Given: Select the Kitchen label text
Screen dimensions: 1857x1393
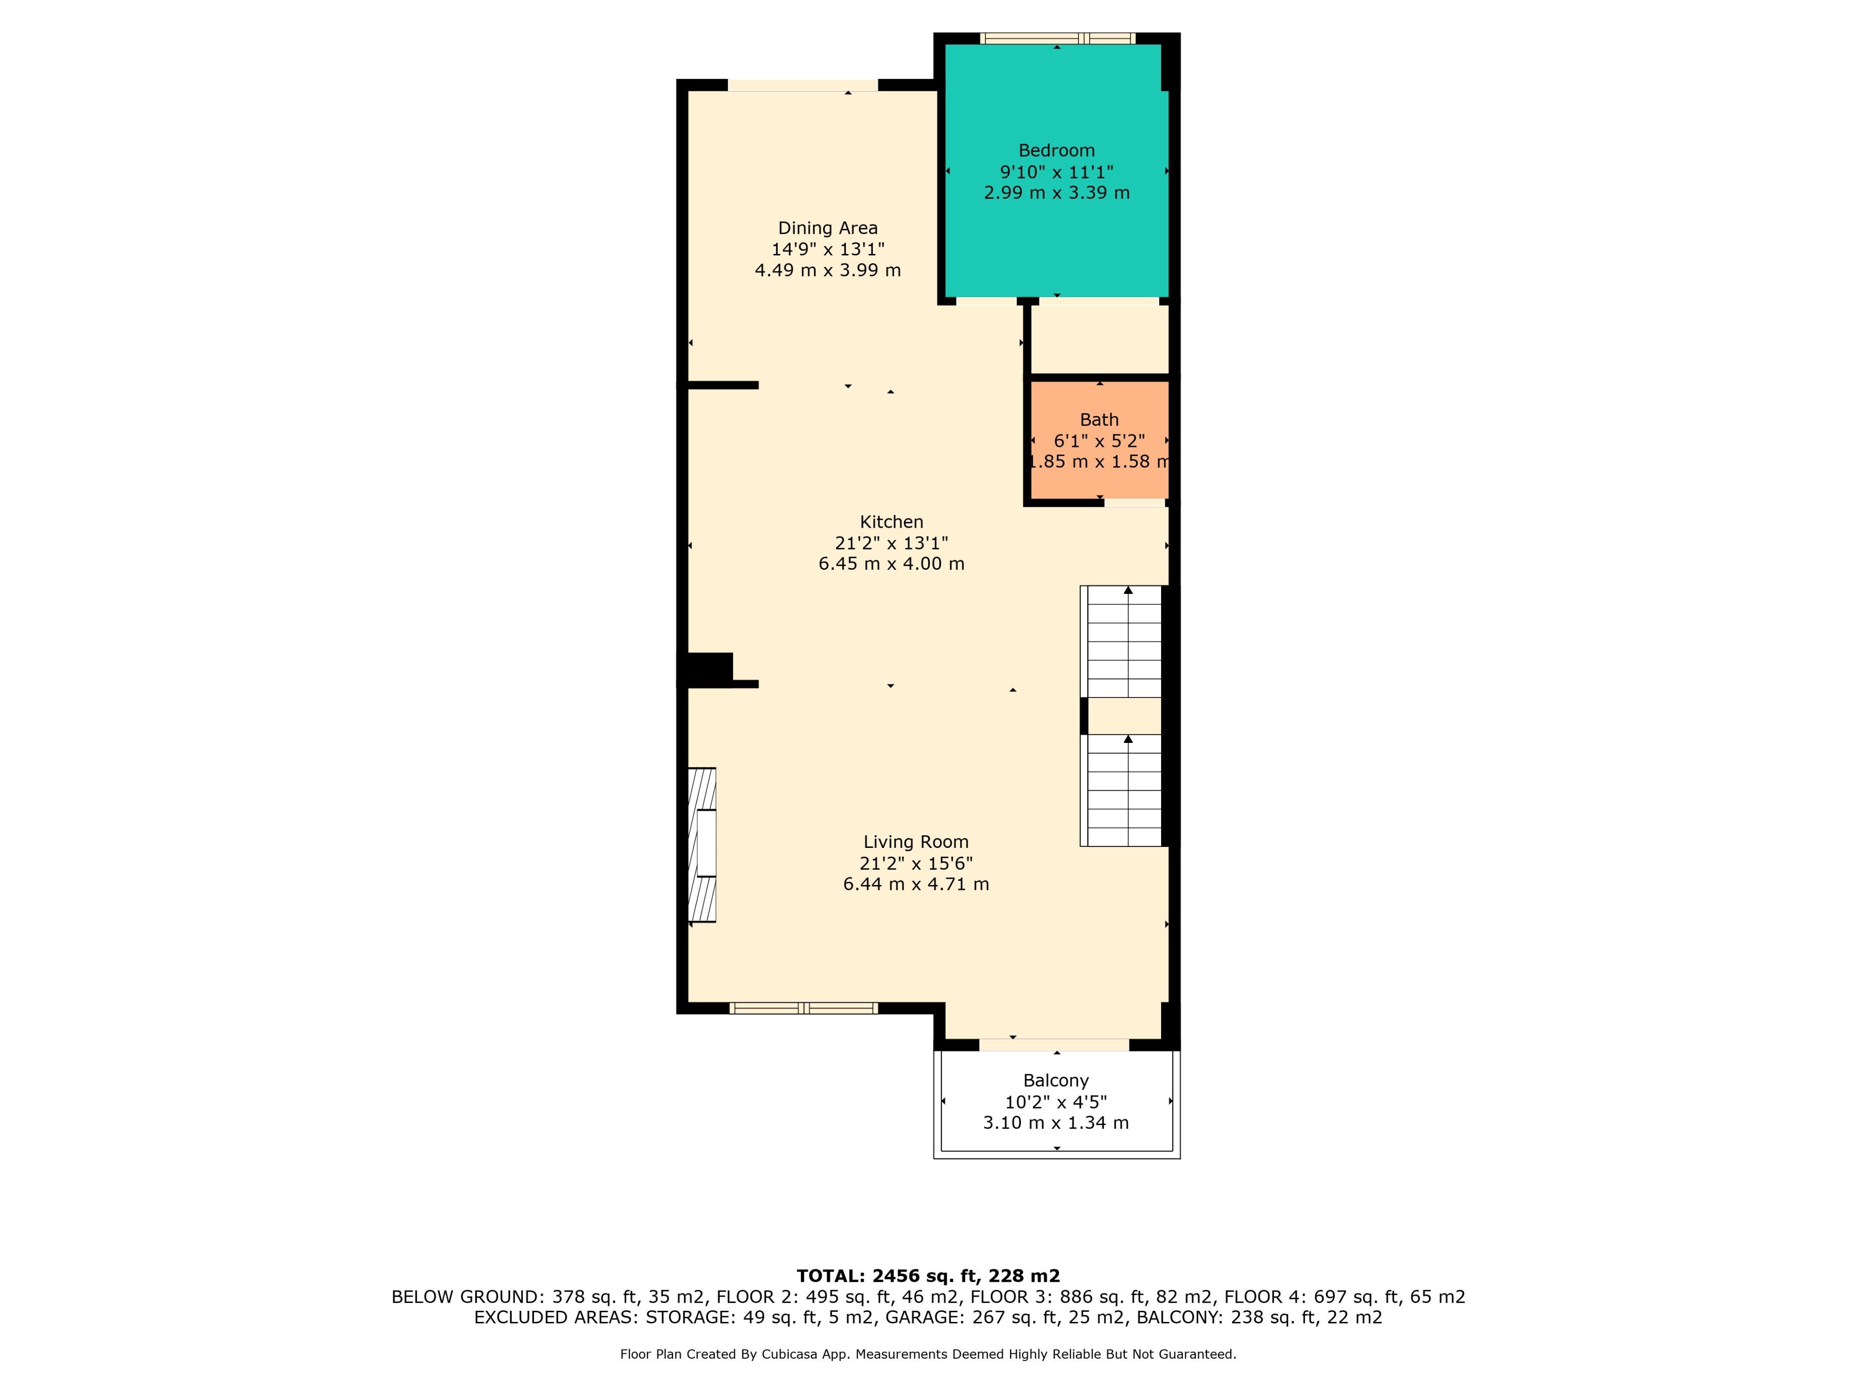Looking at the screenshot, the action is (x=892, y=521).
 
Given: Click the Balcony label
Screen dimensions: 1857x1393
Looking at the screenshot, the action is (x=1056, y=1081).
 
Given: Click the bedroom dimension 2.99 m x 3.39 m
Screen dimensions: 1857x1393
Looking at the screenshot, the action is (x=1057, y=193).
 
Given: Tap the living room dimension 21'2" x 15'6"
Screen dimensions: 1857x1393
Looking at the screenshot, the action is (x=916, y=863).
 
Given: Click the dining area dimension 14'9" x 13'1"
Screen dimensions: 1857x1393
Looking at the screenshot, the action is (x=828, y=250).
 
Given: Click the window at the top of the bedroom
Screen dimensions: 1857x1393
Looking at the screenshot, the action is (x=1057, y=38).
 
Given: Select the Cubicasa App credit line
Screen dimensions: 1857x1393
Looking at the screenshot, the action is (x=928, y=1354).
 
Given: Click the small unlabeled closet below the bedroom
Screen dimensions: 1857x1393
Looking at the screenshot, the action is (x=1100, y=339).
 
